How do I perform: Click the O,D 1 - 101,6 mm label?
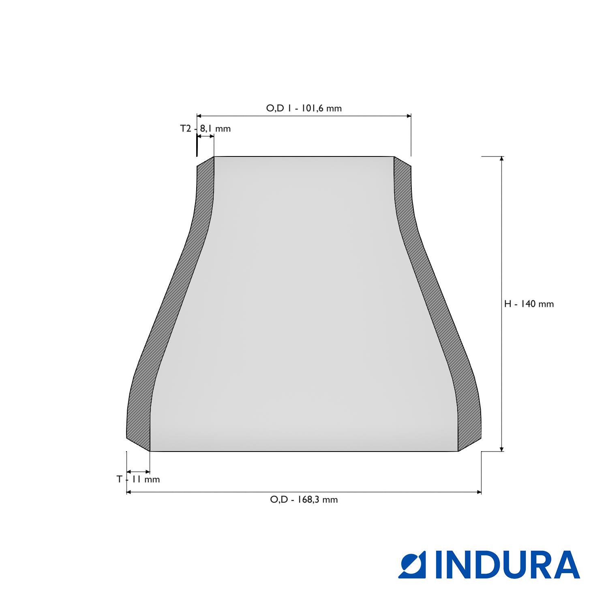(304, 108)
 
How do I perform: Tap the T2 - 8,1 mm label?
(205, 128)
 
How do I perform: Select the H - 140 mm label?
(529, 304)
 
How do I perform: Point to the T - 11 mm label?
(138, 480)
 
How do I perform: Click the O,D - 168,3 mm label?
(304, 499)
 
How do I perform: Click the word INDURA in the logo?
(507, 565)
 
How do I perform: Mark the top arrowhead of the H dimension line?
(502, 158)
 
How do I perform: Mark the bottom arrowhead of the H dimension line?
(502, 448)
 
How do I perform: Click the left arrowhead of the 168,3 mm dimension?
(129, 492)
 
